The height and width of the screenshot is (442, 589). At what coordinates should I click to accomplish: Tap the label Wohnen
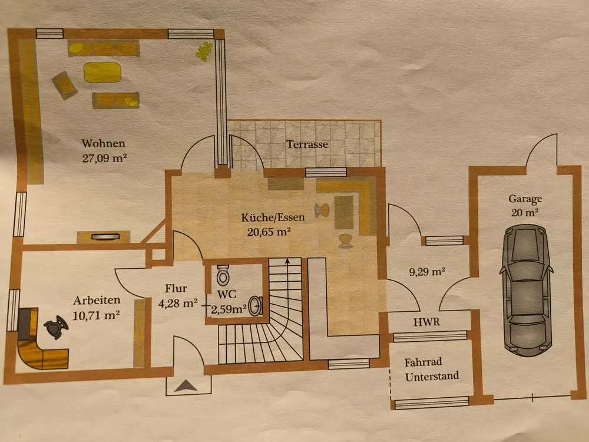tap(104, 144)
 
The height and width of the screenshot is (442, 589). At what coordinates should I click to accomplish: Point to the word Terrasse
tap(307, 144)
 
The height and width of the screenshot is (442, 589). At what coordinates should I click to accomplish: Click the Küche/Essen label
tap(273, 217)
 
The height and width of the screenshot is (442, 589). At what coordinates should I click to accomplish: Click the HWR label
tap(426, 322)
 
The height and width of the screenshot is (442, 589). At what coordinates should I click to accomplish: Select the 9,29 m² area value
tap(426, 272)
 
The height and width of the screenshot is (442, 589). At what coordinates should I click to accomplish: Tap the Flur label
tap(176, 289)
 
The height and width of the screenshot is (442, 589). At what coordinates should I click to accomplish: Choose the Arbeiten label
tap(97, 300)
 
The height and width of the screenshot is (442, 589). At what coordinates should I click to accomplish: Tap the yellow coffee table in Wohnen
tap(102, 72)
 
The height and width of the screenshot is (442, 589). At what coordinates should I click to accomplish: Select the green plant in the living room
tap(204, 51)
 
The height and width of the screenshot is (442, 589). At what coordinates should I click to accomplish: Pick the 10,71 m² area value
tap(97, 315)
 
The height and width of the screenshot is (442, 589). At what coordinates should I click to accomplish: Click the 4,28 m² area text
tap(178, 304)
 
